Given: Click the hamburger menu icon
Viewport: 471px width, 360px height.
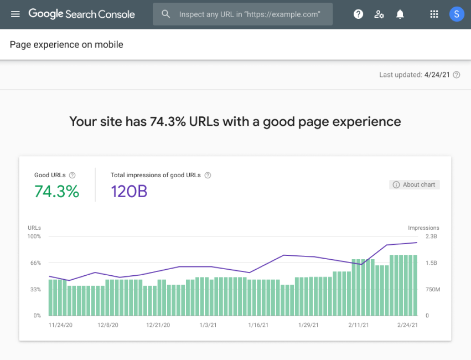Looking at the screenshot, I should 15,14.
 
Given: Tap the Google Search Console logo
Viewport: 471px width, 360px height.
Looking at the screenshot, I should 81,14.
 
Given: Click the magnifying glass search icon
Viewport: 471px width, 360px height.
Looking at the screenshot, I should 165,14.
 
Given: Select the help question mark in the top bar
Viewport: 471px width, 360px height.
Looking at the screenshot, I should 358,14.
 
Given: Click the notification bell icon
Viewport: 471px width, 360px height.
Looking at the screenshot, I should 400,14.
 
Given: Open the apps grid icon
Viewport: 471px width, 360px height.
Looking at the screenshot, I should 434,14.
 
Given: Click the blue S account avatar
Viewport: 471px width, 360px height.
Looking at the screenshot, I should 457,14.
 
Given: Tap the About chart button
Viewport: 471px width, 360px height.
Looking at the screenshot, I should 415,184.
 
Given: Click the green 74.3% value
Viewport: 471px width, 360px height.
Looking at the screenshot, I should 56,192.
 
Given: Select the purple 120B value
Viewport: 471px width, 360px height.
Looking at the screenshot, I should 129,192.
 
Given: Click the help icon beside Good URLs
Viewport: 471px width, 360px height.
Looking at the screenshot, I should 73,175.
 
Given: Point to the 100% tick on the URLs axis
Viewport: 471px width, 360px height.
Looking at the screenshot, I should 34,236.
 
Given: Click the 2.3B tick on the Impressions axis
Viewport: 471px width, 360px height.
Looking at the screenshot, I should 431,236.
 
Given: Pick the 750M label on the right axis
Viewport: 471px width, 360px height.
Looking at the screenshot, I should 432,290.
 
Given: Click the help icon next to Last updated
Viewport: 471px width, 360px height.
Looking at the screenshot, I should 457,75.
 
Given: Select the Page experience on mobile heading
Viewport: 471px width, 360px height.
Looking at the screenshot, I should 66,45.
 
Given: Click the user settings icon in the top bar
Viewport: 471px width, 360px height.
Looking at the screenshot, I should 379,14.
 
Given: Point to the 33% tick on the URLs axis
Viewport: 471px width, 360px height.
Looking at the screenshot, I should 35,290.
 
